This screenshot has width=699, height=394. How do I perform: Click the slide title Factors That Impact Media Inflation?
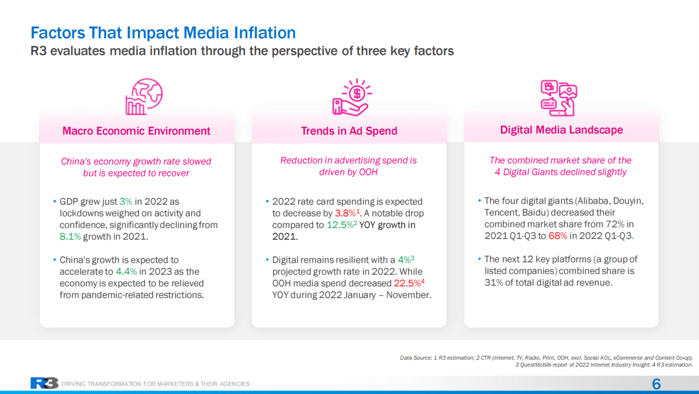pos(163,32)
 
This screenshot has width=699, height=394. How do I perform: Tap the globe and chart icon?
pos(143,97)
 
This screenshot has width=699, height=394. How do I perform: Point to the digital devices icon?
pos(559,98)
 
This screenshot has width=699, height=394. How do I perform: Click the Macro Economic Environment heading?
pos(136,131)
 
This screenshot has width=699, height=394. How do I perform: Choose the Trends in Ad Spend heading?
pos(349,131)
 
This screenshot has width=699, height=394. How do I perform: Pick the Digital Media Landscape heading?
pos(561,130)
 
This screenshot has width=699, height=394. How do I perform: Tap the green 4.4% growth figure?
pos(126,272)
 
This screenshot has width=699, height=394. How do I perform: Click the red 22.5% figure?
pos(406,283)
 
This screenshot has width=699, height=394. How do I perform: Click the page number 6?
pos(656,384)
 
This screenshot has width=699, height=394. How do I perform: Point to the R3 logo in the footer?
pos(44,383)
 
